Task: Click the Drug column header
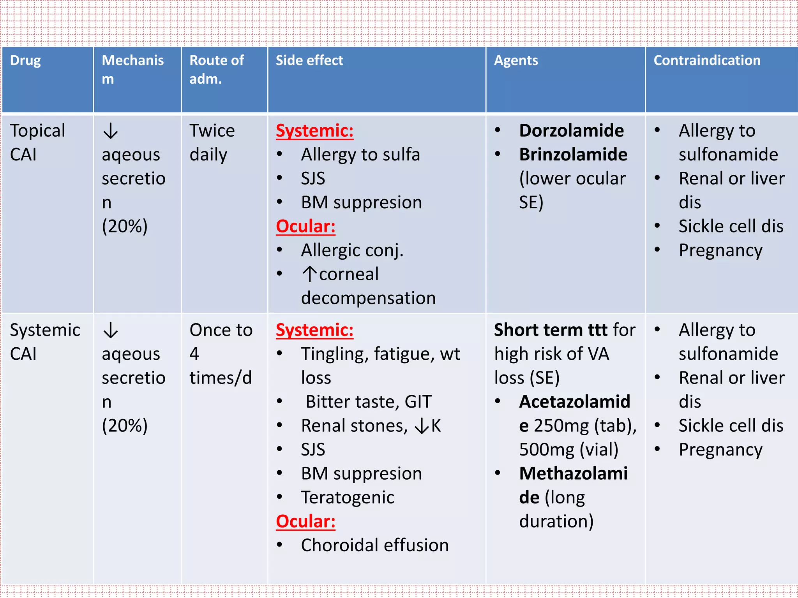[25, 61]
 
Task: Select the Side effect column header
[309, 61]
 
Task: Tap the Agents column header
[516, 61]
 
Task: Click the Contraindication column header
[707, 61]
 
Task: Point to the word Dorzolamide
[571, 131]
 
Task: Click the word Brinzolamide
[573, 155]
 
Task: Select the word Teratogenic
[348, 498]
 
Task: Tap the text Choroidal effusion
[375, 545]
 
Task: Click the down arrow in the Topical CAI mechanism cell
[111, 131]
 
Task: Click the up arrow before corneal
[310, 274]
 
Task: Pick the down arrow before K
[422, 426]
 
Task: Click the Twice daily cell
[212, 142]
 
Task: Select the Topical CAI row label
[37, 142]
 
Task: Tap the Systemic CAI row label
[45, 342]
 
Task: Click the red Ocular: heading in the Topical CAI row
[305, 227]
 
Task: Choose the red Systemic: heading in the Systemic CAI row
[314, 330]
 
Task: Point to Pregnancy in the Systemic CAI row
[720, 450]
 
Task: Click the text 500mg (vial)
[568, 450]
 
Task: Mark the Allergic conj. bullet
[352, 250]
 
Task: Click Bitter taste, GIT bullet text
[369, 402]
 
